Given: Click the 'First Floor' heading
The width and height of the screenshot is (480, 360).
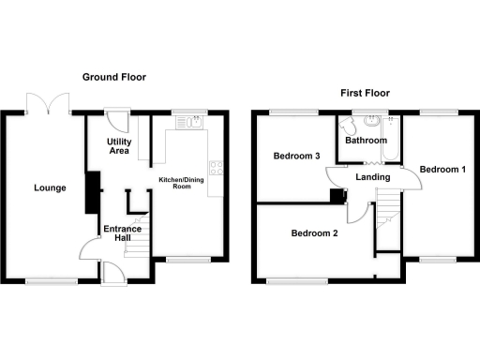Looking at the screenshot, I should click(365, 93).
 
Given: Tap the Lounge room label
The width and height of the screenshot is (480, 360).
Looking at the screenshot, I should click(50, 187).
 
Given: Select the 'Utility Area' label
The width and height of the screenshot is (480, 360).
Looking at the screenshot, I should click(112, 144).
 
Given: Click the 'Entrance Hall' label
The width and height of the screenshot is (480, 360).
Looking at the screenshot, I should click(122, 233).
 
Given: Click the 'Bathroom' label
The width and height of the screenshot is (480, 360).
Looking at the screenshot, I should click(365, 141).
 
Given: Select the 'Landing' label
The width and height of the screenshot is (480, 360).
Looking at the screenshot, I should click(372, 175).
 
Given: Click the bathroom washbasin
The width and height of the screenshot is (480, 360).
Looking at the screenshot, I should click(373, 121).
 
